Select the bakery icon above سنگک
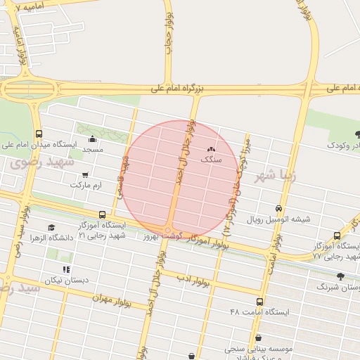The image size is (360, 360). pos(211,150)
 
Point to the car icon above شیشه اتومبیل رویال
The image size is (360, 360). pos(279,209)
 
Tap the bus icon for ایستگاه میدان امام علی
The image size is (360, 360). pos(38,134)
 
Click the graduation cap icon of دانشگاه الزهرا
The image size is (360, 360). pos(51,227)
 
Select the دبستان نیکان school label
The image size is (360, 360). pos(67,280)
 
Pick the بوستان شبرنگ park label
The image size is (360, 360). pos(339,287)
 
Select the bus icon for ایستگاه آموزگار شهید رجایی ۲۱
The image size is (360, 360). pos(103,214)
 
